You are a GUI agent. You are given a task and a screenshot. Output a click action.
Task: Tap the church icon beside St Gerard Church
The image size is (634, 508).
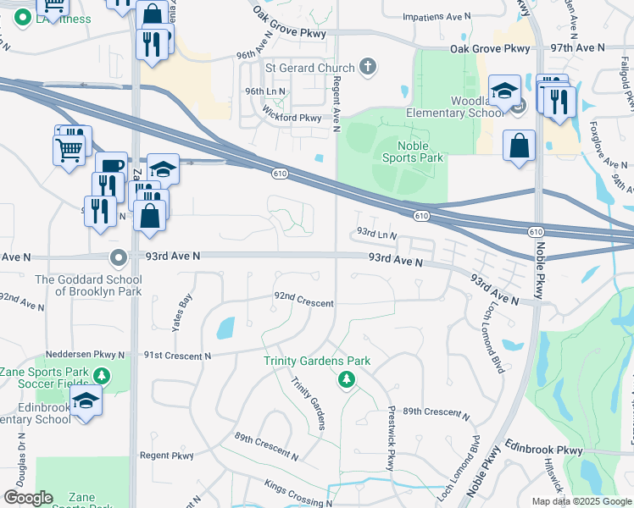tap(368, 66)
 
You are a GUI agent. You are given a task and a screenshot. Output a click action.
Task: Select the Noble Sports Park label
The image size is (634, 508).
tap(413, 152)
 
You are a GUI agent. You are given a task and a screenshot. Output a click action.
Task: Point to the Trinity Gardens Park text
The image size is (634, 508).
tap(317, 361)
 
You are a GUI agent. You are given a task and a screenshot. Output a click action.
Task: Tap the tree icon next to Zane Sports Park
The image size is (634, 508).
tap(102, 374)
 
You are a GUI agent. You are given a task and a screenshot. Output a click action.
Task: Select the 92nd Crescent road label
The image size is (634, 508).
tap(303, 302)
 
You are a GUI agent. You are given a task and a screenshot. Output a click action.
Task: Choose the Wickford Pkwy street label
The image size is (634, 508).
tap(292, 119)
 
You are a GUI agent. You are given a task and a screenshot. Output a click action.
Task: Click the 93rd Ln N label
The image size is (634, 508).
tap(376, 232)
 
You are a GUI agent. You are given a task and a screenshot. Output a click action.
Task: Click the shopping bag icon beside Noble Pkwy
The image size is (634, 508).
tap(519, 145)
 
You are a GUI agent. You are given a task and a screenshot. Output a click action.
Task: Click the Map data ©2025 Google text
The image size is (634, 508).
tap(581, 501)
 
